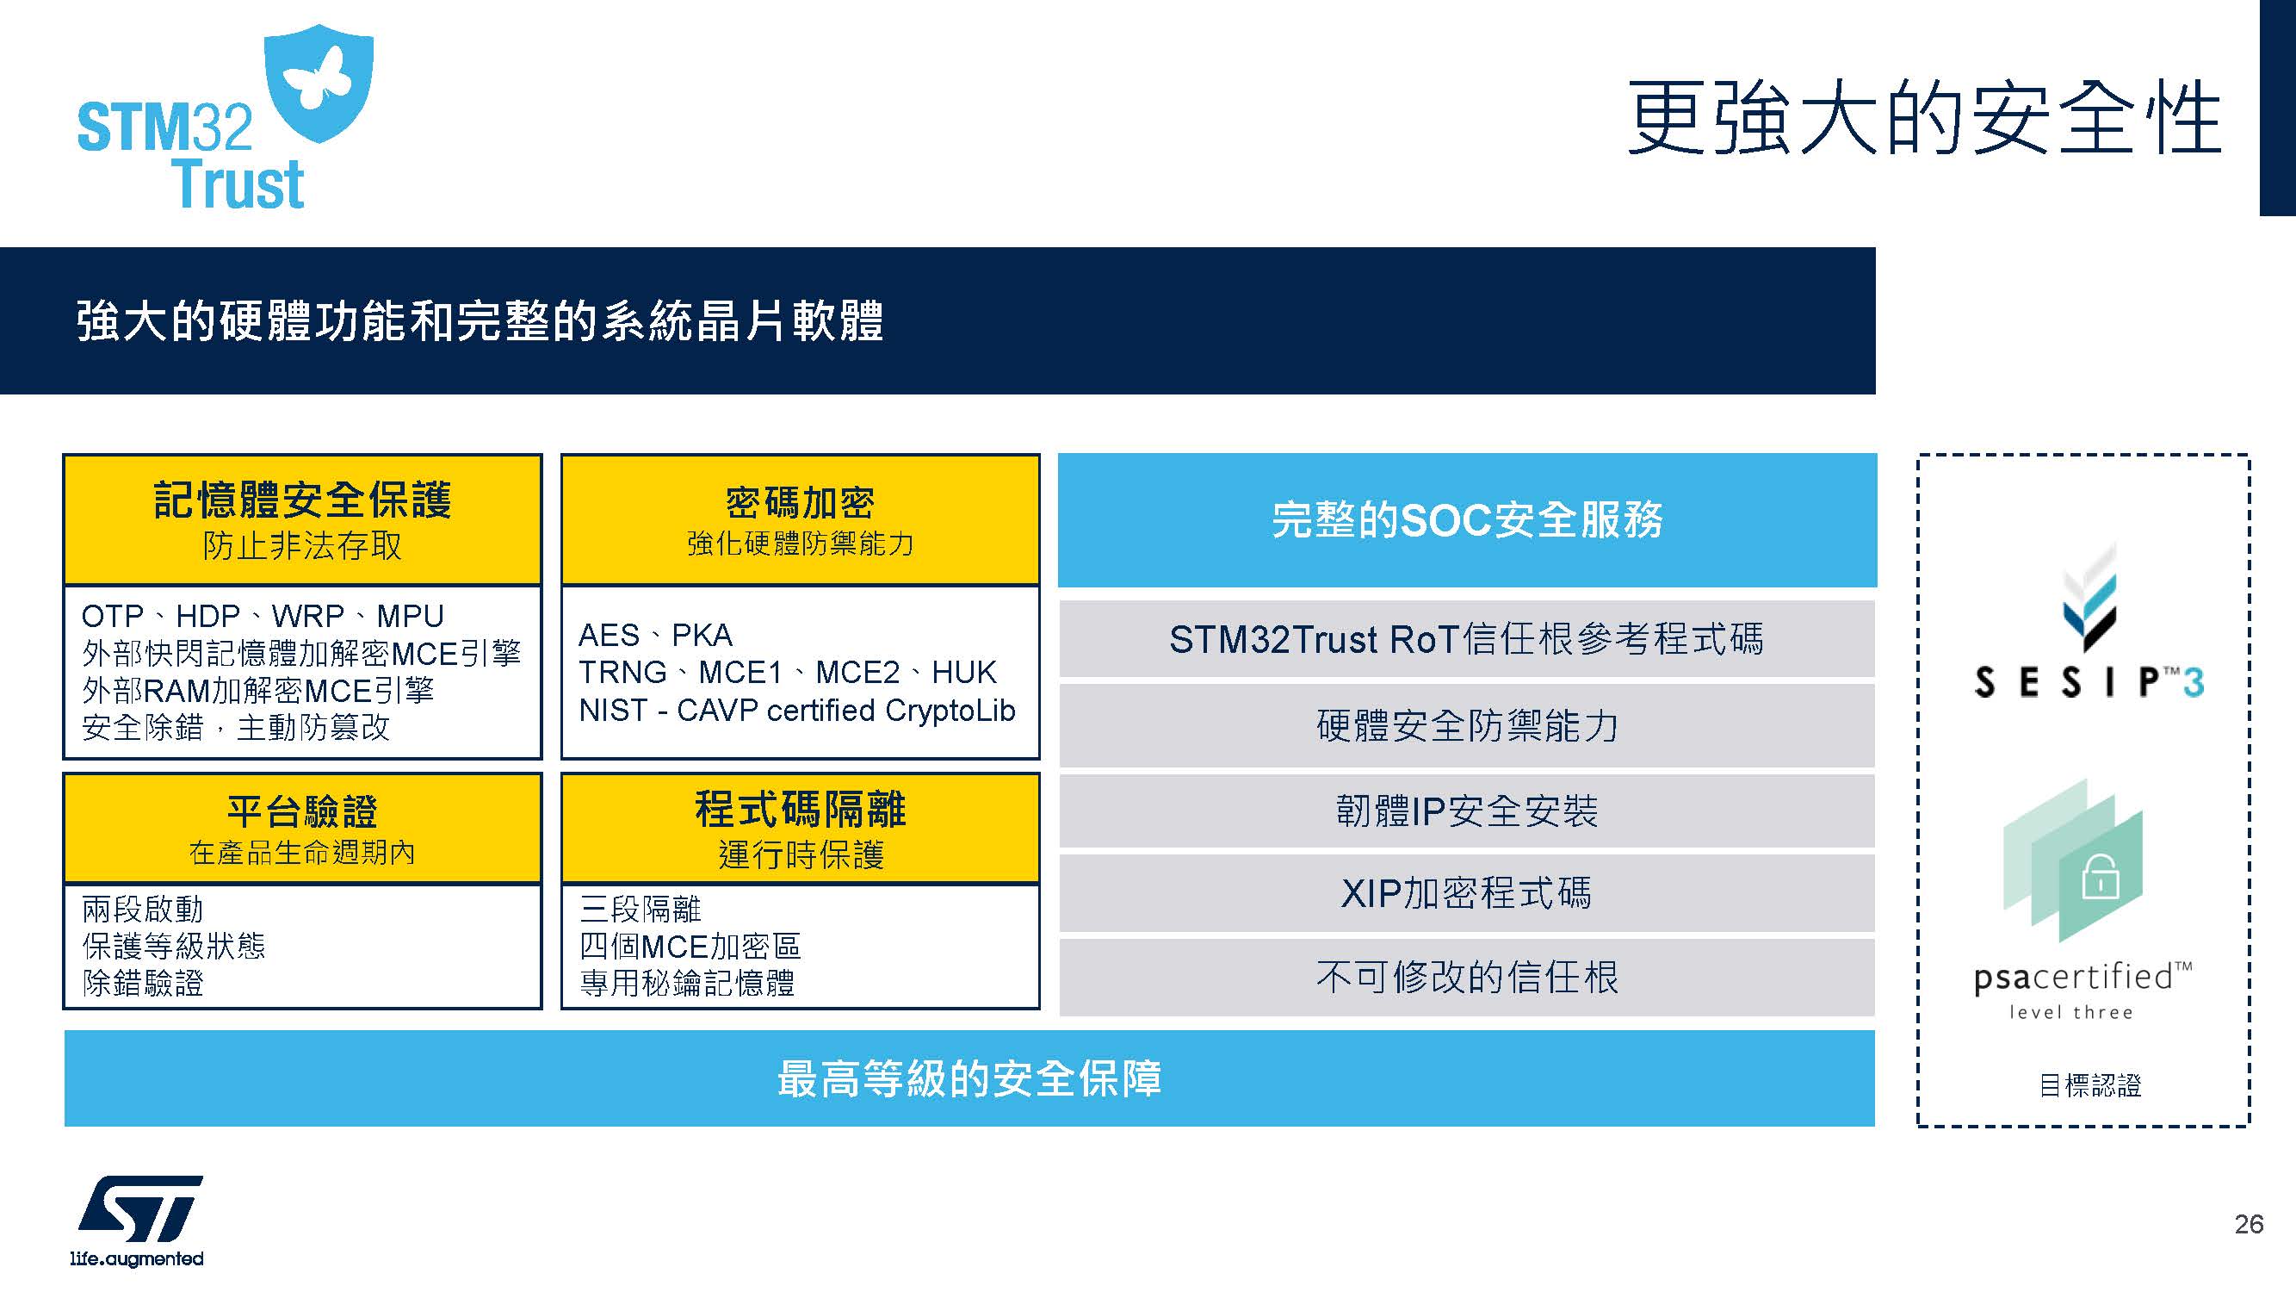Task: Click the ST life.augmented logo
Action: [138, 1220]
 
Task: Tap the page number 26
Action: [2249, 1224]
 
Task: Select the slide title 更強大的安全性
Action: [1923, 119]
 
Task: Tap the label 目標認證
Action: [2089, 1085]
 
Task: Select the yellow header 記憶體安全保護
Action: [302, 520]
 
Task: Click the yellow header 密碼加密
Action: [801, 520]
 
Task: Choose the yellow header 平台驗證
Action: [302, 829]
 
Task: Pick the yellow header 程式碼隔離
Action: [801, 829]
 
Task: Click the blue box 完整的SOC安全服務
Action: [1467, 520]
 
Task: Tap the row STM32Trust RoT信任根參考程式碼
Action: [1467, 638]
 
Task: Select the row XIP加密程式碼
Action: [1467, 893]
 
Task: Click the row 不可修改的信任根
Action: [1467, 978]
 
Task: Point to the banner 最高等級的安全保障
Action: [969, 1078]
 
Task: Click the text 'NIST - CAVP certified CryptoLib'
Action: [797, 711]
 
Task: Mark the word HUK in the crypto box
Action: [964, 673]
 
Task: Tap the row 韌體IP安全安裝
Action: [1467, 811]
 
